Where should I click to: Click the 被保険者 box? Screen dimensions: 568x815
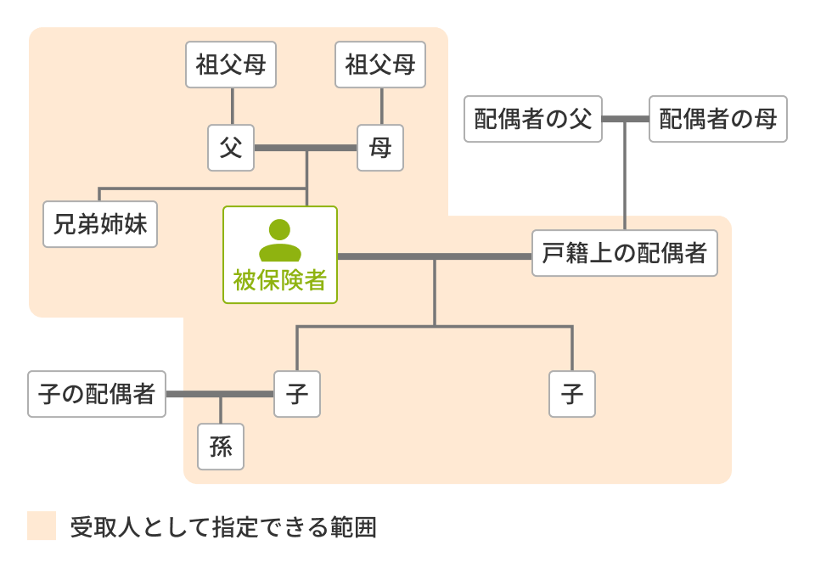tap(280, 255)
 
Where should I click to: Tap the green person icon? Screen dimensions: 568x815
tap(280, 240)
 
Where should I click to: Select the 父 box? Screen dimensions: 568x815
tap(231, 148)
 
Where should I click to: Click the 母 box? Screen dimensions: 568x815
tap(380, 148)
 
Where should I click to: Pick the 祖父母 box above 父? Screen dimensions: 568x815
tap(232, 65)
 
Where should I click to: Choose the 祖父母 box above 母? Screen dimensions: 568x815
tap(380, 65)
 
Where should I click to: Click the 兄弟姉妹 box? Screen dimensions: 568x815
tap(100, 224)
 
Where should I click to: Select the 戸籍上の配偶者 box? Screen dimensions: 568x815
tap(625, 253)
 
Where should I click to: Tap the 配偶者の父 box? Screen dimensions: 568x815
tap(533, 119)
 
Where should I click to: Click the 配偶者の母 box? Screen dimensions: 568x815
tap(718, 119)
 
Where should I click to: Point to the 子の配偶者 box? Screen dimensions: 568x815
tap(97, 394)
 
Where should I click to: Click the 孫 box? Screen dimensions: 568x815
tap(221, 447)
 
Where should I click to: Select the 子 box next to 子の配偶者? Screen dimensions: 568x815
tap(297, 394)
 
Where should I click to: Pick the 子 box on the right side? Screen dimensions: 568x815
tap(572, 394)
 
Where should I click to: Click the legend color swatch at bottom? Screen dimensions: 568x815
tap(42, 526)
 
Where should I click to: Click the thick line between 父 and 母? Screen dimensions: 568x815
tap(306, 148)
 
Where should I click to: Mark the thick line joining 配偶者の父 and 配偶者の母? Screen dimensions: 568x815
tap(626, 119)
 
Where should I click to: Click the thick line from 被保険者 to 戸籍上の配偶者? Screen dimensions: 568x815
tap(435, 256)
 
